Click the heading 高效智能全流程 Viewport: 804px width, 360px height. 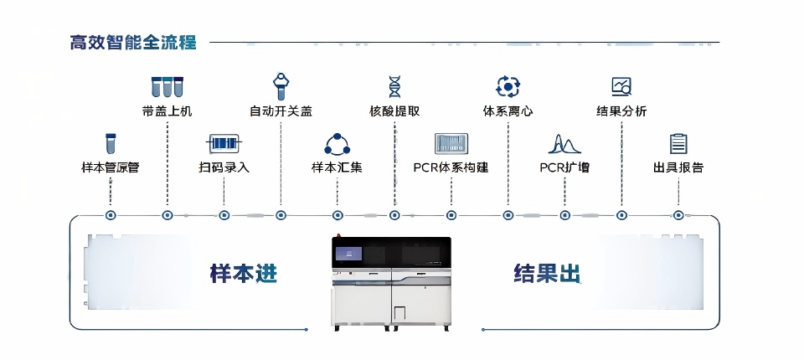pyautogui.click(x=134, y=42)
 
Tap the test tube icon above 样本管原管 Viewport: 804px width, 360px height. pyautogui.click(x=110, y=143)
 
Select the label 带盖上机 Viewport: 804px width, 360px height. pyautogui.click(x=167, y=111)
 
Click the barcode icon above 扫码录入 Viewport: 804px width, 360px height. pyautogui.click(x=224, y=143)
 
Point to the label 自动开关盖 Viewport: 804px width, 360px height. pyautogui.click(x=281, y=111)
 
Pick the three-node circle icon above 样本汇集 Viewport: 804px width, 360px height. pyautogui.click(x=337, y=144)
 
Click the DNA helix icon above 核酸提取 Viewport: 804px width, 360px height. pyautogui.click(x=394, y=85)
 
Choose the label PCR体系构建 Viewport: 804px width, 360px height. pyautogui.click(x=451, y=167)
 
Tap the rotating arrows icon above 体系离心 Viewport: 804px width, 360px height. pyautogui.click(x=508, y=85)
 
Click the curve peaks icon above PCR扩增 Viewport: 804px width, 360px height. pyautogui.click(x=564, y=144)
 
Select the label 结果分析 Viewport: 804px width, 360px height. pyautogui.click(x=621, y=111)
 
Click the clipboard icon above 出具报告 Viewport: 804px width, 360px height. pyautogui.click(x=678, y=143)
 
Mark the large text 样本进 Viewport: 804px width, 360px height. pyautogui.click(x=243, y=274)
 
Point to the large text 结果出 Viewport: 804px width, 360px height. pyautogui.click(x=547, y=274)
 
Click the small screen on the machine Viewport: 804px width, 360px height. pyautogui.click(x=348, y=253)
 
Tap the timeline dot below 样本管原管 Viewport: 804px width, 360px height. pyautogui.click(x=111, y=215)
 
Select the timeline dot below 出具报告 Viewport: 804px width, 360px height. pyautogui.click(x=678, y=215)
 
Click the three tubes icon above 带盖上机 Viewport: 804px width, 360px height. pyautogui.click(x=167, y=86)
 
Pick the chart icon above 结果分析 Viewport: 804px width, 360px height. pyautogui.click(x=621, y=85)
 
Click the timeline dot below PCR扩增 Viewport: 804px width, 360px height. pyautogui.click(x=564, y=215)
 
